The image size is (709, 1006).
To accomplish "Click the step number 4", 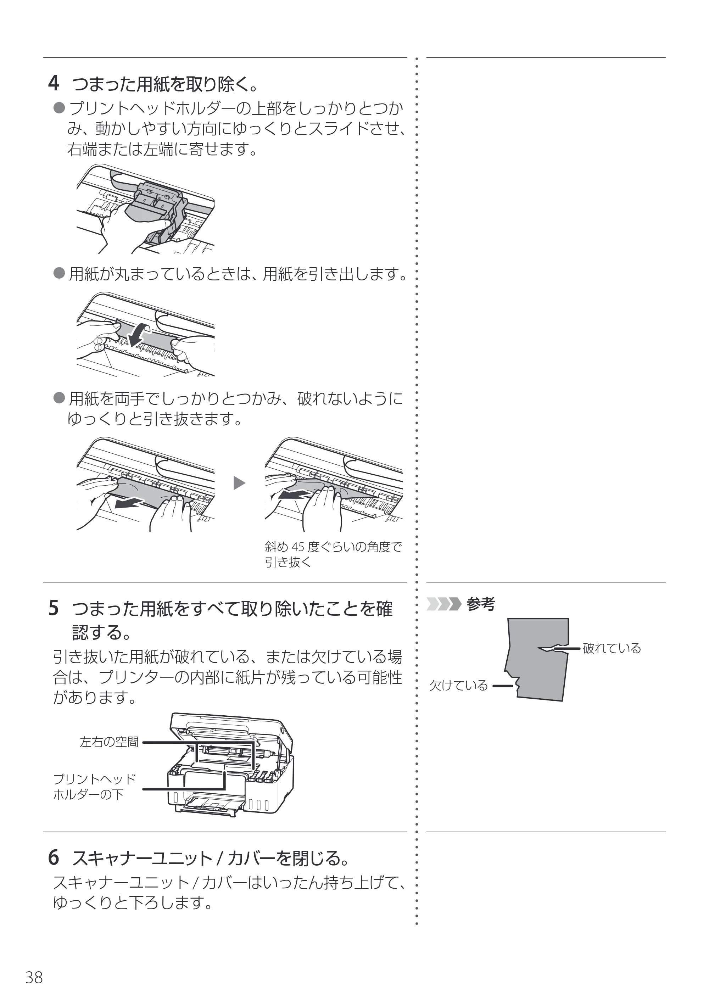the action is [54, 83].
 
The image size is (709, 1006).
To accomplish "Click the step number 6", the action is [54, 857].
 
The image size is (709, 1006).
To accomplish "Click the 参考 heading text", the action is [481, 604].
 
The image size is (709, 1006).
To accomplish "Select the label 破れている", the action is [612, 648].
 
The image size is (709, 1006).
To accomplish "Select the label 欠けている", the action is [458, 685].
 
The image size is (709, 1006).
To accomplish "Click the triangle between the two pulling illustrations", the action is [239, 483].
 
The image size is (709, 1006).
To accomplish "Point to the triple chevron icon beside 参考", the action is [444, 604].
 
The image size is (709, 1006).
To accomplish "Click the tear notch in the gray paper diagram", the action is [553, 648].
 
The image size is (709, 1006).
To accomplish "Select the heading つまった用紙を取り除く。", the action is [165, 84].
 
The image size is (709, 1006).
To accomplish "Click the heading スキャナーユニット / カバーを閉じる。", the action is [210, 858].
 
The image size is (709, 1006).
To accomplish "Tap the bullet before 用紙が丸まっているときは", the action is [59, 274].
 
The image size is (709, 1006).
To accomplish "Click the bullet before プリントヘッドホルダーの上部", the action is [59, 107].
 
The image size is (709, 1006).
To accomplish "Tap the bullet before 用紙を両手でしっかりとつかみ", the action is [59, 398].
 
